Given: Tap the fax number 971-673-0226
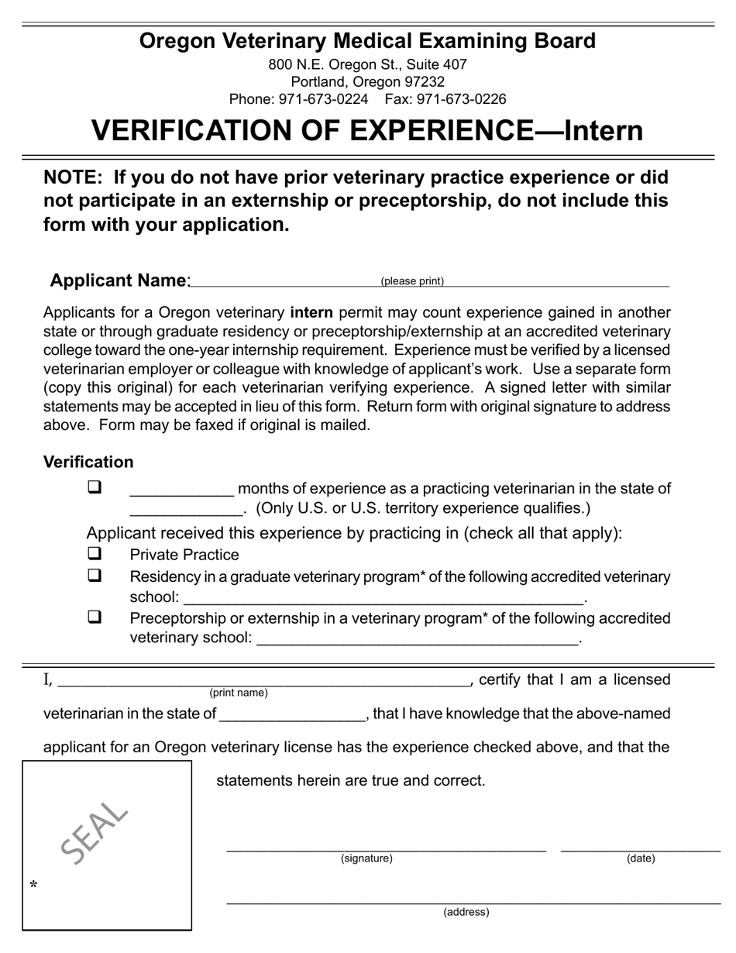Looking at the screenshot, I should coord(461,99).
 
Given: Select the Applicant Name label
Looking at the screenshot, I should coord(118,280).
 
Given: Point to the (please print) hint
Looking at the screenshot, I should coord(412,281).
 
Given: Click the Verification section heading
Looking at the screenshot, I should coord(88,463).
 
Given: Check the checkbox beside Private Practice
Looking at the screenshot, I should coord(95,554).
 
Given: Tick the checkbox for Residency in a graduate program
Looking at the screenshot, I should coord(95,576).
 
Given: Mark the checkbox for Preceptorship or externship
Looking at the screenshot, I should coord(95,618).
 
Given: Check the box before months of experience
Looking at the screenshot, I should coord(95,488).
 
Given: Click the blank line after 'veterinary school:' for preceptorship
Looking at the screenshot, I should coord(416,641).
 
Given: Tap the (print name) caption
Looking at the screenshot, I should coord(239,693).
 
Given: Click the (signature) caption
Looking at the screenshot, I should coord(366,858).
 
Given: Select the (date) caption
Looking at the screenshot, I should coord(641,858).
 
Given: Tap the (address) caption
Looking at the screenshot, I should coord(466,912).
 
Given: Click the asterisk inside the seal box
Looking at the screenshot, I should coord(33,885).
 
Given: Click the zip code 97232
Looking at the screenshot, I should coord(423,81).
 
